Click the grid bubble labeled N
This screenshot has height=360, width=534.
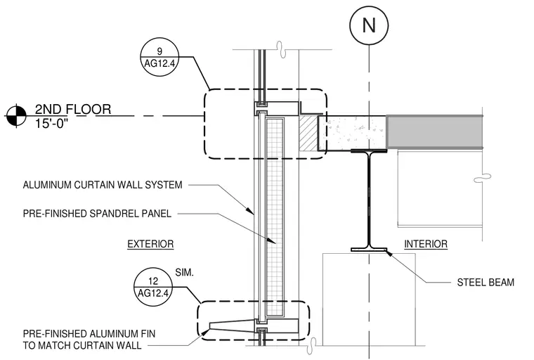[x=369, y=25]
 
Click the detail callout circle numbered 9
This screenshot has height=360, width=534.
[x=159, y=57]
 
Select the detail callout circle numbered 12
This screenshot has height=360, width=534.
[x=153, y=287]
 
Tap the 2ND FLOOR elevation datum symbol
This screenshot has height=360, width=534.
[x=16, y=116]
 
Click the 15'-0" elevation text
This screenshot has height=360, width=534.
[x=51, y=124]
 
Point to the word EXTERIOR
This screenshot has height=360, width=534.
[x=150, y=244]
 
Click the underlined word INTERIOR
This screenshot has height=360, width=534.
[x=426, y=244]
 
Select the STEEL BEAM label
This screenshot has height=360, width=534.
[x=486, y=282]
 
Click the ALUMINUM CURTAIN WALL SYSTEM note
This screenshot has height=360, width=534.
[x=103, y=185]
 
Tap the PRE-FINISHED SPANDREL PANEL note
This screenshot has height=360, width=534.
[x=97, y=214]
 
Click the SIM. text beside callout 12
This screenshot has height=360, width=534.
[x=184, y=272]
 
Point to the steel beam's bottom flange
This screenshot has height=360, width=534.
[x=369, y=250]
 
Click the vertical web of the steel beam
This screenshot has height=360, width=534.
[x=369, y=200]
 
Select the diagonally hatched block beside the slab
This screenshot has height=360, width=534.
[x=308, y=133]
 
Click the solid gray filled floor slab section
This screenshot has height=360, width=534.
[x=434, y=132]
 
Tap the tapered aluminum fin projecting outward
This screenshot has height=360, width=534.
[x=233, y=326]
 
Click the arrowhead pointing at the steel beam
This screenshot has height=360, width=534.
[x=388, y=252]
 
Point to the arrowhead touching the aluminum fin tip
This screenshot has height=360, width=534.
[x=206, y=331]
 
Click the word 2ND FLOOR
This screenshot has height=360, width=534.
[x=73, y=109]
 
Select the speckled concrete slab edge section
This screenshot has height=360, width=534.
[x=353, y=133]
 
